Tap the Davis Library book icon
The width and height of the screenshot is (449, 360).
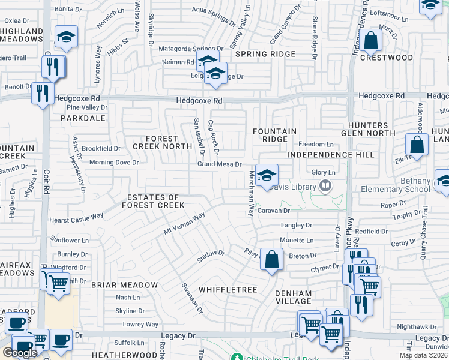(325, 187)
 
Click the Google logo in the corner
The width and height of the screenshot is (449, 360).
(19, 353)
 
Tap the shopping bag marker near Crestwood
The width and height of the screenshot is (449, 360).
(372, 41)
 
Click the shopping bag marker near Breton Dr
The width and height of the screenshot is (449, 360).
(271, 260)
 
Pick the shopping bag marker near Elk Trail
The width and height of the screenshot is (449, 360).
(416, 146)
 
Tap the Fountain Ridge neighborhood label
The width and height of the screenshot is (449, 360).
(274, 135)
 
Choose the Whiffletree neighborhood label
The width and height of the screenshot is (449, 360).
(234, 290)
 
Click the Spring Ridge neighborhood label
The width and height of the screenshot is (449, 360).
(265, 54)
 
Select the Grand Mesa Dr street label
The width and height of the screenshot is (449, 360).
(220, 164)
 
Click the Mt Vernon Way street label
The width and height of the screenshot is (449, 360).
(185, 224)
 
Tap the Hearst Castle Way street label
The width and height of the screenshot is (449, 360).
(76, 218)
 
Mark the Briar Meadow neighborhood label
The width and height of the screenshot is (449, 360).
(124, 285)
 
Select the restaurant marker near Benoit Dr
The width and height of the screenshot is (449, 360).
(42, 93)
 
